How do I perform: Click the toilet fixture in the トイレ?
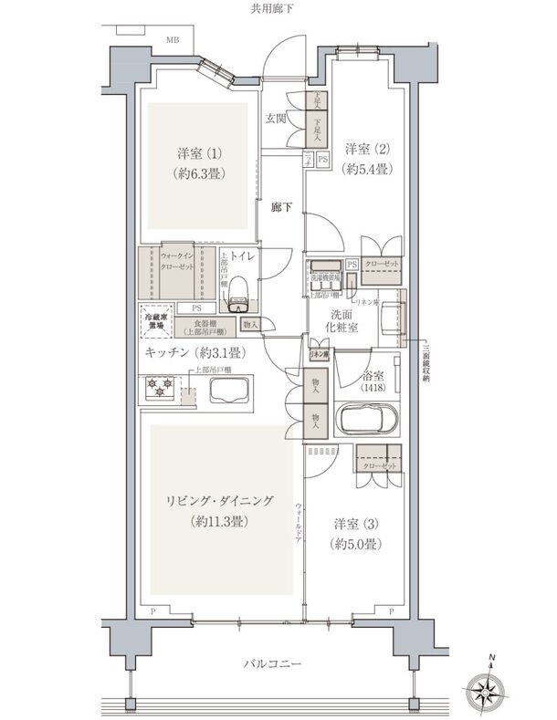coord(238,290)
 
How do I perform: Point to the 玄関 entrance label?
coord(276,118)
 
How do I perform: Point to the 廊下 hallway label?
coord(280,208)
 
